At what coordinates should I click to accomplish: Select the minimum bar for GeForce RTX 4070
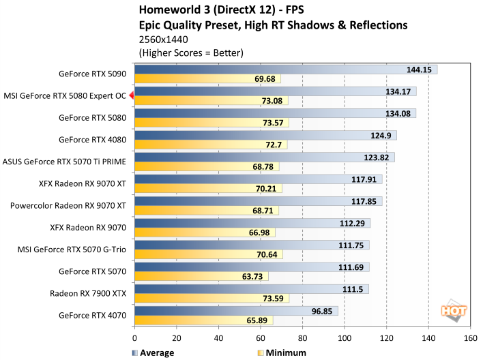point(204,320)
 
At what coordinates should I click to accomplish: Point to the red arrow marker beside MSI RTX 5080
point(131,95)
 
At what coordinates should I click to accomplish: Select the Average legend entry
point(154,352)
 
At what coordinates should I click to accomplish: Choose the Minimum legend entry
point(280,352)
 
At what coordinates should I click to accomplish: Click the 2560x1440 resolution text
point(164,40)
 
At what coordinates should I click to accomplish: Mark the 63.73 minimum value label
point(254,276)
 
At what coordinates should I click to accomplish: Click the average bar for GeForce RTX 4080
point(265,136)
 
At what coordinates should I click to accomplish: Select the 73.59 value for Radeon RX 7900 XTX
point(274,299)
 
